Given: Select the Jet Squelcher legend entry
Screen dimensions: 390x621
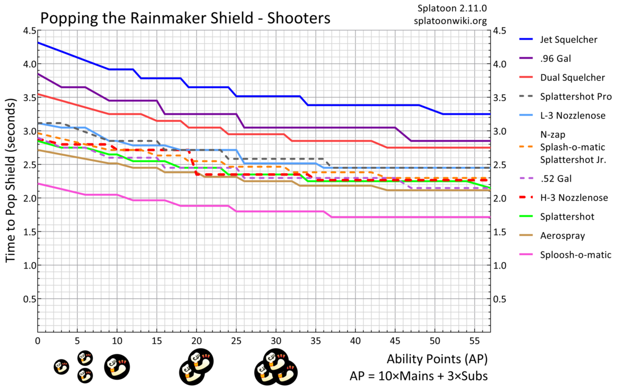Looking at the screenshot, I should pos(569,39).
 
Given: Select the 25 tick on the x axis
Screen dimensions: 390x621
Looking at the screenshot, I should pos(236,342).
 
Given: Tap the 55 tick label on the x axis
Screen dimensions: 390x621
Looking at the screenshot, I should pos(474,342).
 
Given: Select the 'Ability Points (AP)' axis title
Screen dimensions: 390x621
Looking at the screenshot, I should pos(437,359).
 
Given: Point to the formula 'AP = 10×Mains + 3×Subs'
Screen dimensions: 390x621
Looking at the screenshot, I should pos(419,375).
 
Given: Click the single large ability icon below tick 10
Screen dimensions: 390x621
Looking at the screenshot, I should pos(114,366).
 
